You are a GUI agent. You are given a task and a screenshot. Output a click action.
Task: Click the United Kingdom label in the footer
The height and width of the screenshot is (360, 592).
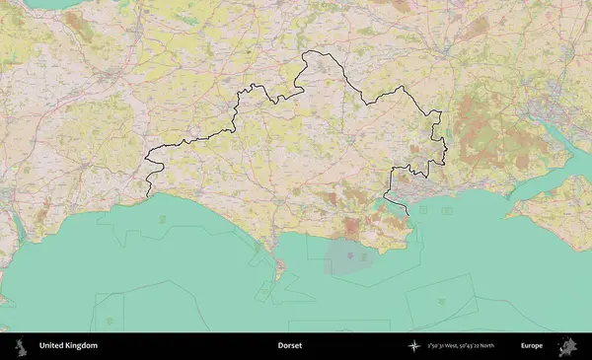(x=68, y=346)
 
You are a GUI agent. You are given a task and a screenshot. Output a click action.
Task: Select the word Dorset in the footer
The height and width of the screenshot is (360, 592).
(x=289, y=346)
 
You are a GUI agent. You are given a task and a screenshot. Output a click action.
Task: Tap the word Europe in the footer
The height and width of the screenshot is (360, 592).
(x=532, y=346)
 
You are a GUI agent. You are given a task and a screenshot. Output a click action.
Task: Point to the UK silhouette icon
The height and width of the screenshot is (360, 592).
(x=23, y=346)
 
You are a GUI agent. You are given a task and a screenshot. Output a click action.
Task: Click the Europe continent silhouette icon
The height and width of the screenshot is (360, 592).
(x=568, y=346)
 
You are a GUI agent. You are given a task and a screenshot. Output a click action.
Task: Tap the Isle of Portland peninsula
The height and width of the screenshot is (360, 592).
(x=280, y=264)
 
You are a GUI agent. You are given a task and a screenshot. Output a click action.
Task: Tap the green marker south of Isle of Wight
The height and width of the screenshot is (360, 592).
(x=441, y=302)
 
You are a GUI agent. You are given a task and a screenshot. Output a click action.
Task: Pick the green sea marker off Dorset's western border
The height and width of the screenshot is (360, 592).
(x=161, y=218)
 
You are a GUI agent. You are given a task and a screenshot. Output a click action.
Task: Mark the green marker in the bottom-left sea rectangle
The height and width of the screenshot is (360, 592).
(x=109, y=321)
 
